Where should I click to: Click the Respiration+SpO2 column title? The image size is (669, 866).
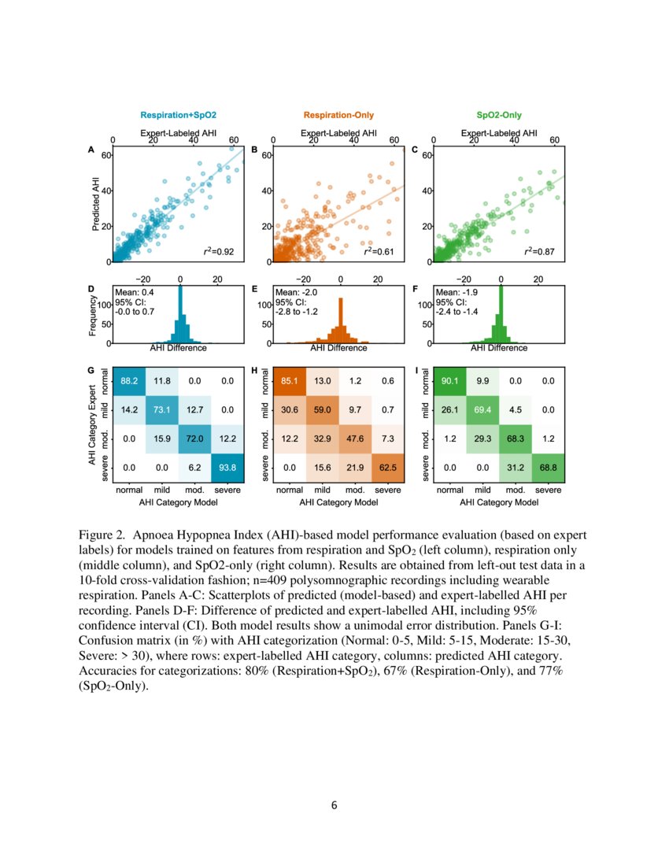click(178, 116)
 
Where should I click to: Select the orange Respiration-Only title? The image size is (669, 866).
click(338, 116)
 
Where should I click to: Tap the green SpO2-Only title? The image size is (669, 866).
click(499, 116)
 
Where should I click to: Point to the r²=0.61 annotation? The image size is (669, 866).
click(379, 252)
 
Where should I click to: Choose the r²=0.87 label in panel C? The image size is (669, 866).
click(540, 252)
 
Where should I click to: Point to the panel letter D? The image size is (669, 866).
click(91, 289)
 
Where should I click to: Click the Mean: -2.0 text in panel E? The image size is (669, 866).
click(292, 293)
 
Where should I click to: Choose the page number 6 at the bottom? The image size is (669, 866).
click(334, 805)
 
